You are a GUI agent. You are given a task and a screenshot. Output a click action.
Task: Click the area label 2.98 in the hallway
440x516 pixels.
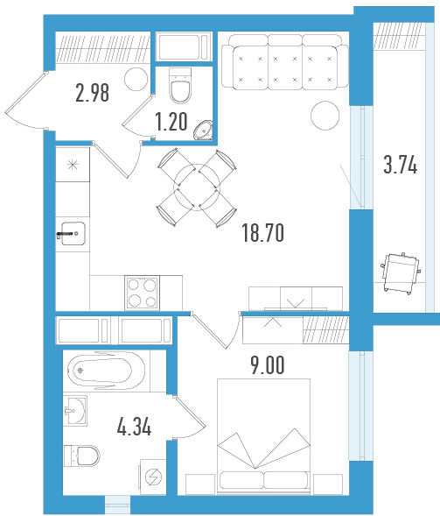93,93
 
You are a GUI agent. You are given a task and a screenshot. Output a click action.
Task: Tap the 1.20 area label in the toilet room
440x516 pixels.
171,122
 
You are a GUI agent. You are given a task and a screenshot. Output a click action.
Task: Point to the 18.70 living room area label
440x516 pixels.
262,233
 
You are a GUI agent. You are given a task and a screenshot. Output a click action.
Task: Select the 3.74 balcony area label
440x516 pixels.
401,165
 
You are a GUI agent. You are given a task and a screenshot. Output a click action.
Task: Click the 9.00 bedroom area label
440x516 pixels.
268,365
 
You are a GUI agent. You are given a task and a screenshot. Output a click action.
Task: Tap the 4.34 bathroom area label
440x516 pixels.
134,427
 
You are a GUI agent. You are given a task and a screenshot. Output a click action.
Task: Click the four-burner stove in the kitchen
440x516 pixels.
142,293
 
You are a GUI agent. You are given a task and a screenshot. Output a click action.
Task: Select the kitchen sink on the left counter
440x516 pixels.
73,234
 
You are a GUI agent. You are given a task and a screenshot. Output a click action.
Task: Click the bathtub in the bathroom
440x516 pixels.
106,371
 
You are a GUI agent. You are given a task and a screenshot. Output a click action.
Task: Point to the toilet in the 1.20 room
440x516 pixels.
180,85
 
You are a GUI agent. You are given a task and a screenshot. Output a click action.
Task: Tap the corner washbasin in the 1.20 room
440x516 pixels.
204,131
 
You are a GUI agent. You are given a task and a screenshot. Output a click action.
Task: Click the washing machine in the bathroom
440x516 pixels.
153,477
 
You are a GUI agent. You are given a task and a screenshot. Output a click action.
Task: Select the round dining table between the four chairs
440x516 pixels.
197,187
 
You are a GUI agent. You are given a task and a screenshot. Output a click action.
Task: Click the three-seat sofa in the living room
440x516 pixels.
285,62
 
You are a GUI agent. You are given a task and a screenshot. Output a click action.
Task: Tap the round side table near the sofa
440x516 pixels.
325,115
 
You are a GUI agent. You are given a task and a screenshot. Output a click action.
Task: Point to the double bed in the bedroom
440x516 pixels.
264,436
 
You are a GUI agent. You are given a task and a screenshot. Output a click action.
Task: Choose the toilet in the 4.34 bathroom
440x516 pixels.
82,456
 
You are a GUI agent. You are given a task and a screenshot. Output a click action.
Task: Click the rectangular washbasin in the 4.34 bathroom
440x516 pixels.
75,411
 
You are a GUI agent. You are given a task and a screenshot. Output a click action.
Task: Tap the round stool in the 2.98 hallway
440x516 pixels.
136,79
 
